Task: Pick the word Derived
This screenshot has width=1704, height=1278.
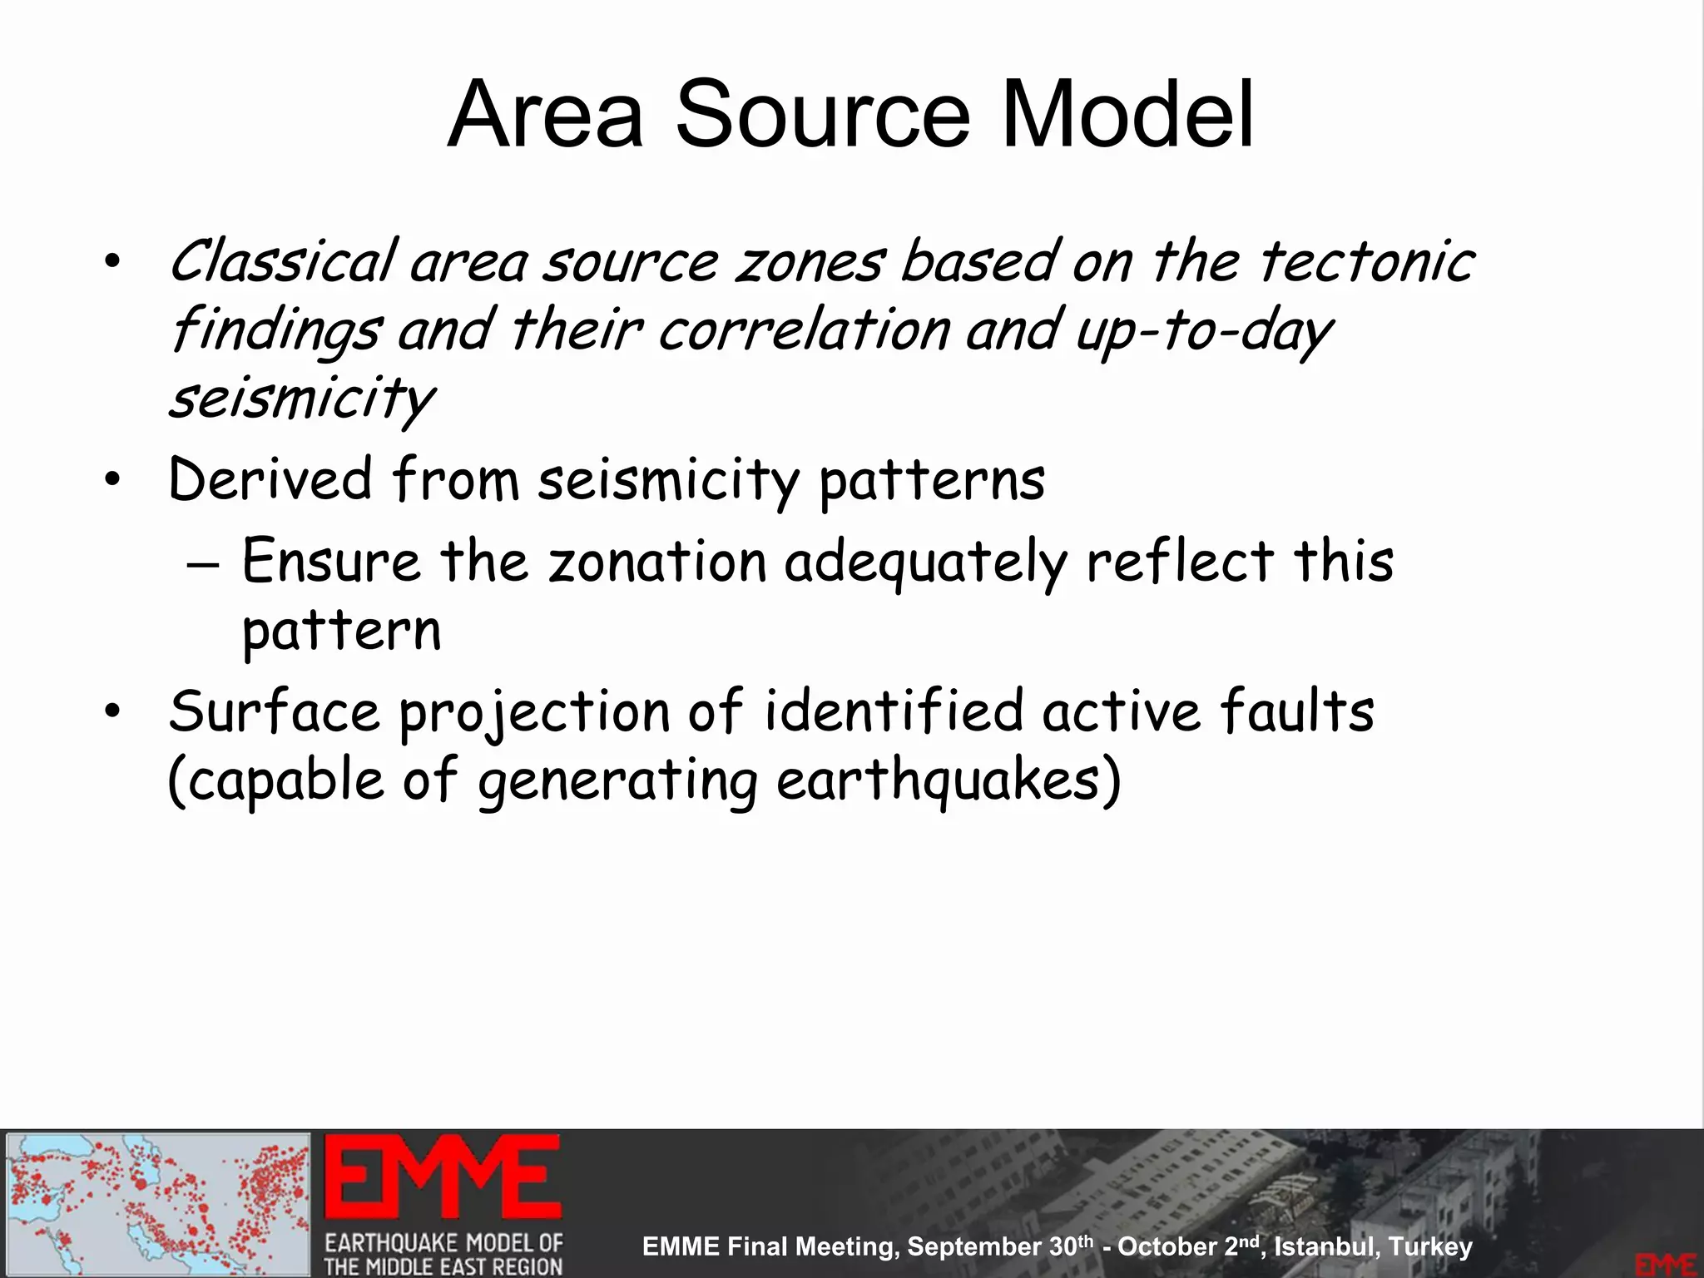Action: (x=270, y=480)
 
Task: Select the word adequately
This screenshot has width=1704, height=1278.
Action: (x=925, y=562)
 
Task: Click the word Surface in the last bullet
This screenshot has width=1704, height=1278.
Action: (x=274, y=712)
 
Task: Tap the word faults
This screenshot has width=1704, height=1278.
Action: (x=1297, y=712)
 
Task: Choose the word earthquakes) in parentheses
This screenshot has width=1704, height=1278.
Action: (x=949, y=782)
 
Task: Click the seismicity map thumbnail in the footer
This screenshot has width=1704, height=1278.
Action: (x=158, y=1204)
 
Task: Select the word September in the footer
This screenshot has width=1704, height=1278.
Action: (x=974, y=1246)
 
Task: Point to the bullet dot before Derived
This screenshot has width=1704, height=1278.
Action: (x=113, y=480)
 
